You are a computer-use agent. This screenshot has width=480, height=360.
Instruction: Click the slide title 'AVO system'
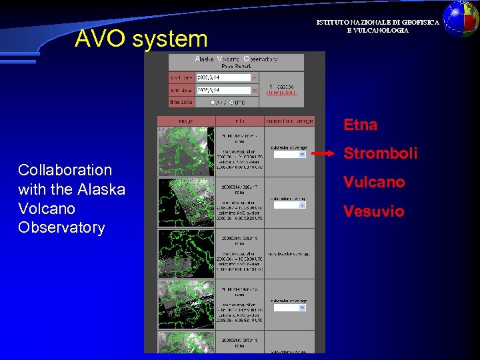tap(141, 39)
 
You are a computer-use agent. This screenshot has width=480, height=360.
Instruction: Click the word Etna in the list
tap(361, 125)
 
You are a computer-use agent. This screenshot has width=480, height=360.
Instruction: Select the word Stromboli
tap(380, 153)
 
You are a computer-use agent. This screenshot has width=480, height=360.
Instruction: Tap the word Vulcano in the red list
tap(374, 182)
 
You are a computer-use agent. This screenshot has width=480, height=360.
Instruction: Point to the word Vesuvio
tap(373, 211)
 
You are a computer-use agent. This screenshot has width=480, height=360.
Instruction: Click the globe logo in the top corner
tap(461, 18)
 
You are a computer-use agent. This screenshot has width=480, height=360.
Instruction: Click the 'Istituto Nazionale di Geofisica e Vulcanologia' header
tap(377, 27)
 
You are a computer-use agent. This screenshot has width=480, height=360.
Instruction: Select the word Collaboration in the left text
tap(65, 170)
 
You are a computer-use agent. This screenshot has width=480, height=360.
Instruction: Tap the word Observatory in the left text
tap(61, 227)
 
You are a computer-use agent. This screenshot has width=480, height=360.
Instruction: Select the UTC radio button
tap(231, 102)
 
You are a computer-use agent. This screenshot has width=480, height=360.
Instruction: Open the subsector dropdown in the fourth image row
tap(289, 308)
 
